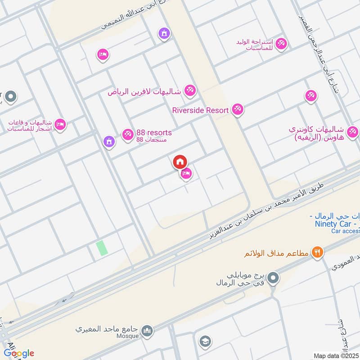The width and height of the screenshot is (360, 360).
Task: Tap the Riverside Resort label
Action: [201, 109]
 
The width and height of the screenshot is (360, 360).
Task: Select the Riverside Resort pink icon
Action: [238, 109]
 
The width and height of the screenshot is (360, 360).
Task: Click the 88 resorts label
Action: [153, 132]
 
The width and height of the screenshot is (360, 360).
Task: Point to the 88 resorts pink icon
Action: [127, 134]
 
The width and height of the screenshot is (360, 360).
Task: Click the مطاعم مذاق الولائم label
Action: [276, 253]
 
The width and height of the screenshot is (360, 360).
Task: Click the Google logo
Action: [18, 353]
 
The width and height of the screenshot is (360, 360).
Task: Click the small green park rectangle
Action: [102, 248]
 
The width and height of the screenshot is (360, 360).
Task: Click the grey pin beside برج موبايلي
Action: [273, 279]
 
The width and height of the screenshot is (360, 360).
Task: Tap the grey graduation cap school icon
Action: [205, 341]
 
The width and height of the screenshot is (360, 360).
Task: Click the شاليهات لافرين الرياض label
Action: [144, 92]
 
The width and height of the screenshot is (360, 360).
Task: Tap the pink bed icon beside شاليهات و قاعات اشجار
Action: [60, 125]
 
